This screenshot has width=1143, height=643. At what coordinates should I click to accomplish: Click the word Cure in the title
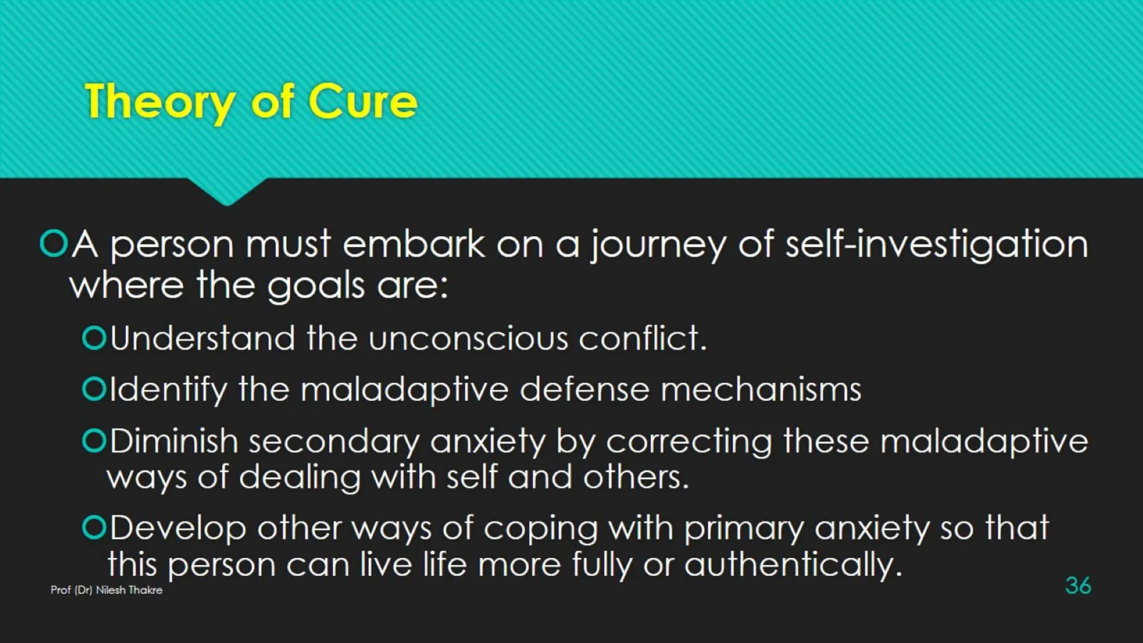[362, 102]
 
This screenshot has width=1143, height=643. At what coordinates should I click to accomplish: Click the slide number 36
[1078, 586]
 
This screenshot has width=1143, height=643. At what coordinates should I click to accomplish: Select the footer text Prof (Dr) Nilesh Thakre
[107, 590]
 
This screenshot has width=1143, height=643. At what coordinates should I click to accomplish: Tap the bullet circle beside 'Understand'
[94, 338]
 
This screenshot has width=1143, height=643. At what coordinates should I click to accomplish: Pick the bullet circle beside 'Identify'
[94, 389]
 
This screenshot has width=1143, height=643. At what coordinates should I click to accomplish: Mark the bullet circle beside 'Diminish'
[94, 441]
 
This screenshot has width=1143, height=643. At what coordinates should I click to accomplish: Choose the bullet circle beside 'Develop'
[94, 527]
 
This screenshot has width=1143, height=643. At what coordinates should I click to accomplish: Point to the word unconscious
[468, 339]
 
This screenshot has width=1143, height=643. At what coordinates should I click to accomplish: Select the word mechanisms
[761, 390]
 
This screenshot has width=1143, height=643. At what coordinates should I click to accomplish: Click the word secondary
[333, 442]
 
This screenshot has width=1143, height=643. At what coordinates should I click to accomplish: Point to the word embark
[414, 244]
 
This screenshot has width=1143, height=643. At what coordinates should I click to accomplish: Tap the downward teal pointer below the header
[227, 191]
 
